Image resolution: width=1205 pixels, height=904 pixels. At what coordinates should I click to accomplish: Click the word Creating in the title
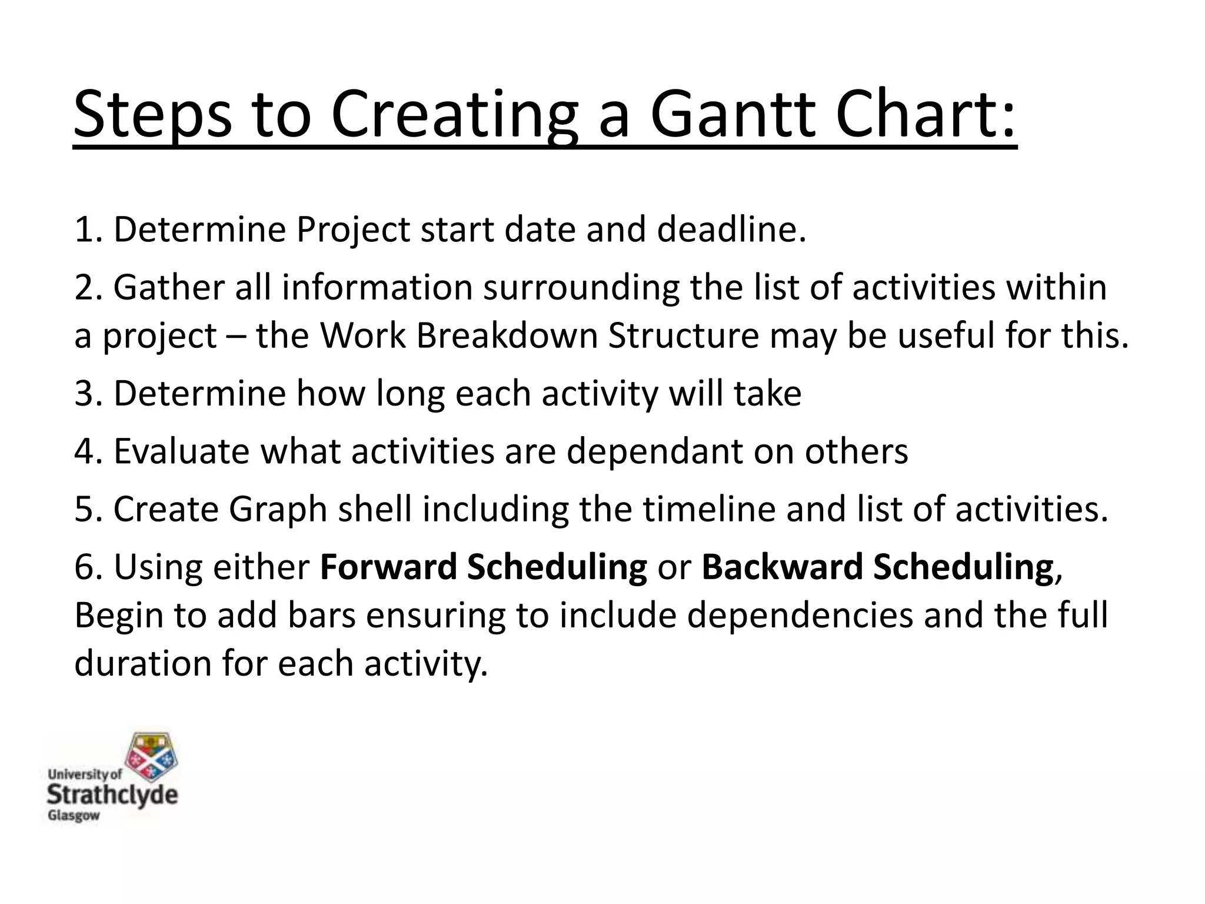454,115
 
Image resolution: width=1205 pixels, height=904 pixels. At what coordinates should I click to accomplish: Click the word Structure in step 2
683,335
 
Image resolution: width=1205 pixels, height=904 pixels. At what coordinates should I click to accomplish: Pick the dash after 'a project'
236,337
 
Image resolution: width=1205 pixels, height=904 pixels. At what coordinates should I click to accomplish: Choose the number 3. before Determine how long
88,393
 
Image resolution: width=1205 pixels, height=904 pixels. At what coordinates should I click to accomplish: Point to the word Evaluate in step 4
182,451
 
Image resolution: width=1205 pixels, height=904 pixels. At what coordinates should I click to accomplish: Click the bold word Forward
388,567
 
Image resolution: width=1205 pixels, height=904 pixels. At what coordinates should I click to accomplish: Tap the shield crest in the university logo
154,756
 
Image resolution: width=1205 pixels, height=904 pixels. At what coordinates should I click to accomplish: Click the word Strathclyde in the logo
112,795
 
